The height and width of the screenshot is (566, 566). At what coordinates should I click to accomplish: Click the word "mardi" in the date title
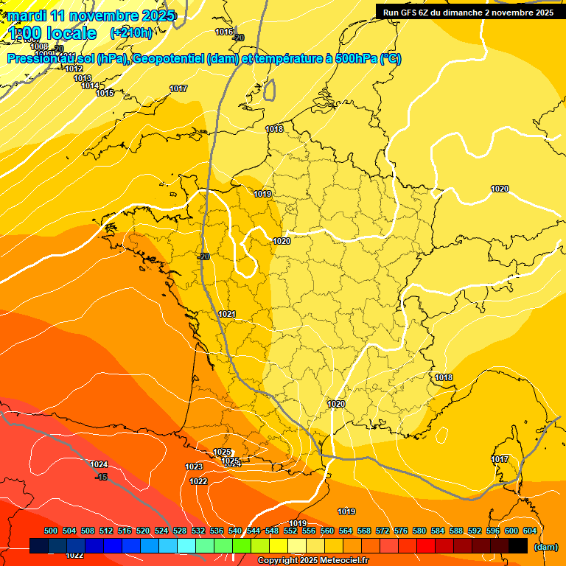pyautogui.click(x=27, y=15)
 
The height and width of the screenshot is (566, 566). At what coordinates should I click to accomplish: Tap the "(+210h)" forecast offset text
pyautogui.click(x=131, y=32)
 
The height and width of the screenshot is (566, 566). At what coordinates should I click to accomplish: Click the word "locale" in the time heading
pyautogui.click(x=71, y=33)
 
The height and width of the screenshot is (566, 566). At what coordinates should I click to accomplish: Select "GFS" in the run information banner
pyautogui.click(x=410, y=13)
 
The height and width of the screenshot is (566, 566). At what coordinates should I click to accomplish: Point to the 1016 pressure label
pyautogui.click(x=224, y=32)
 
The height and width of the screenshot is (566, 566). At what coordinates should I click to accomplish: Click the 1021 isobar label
pyautogui.click(x=227, y=315)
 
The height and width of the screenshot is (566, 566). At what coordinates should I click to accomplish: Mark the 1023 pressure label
pyautogui.click(x=194, y=467)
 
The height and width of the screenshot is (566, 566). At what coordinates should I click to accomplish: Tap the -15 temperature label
pyautogui.click(x=102, y=477)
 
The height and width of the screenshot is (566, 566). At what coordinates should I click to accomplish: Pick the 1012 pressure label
pyautogui.click(x=74, y=69)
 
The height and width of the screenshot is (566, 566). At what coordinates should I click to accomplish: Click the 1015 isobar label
pyautogui.click(x=105, y=93)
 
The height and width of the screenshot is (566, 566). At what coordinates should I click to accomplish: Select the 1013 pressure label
pyautogui.click(x=83, y=78)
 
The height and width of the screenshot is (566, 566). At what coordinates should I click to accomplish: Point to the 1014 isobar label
pyautogui.click(x=90, y=85)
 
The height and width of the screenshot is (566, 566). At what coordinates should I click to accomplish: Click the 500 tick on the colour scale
pyautogui.click(x=51, y=531)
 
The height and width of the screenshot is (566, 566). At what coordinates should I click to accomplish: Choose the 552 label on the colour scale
pyautogui.click(x=290, y=531)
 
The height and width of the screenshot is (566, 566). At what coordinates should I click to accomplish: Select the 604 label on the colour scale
pyautogui.click(x=530, y=531)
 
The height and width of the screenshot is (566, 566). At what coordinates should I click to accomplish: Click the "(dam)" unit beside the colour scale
pyautogui.click(x=546, y=547)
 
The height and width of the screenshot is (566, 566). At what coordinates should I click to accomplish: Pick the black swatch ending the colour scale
pyautogui.click(x=518, y=546)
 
